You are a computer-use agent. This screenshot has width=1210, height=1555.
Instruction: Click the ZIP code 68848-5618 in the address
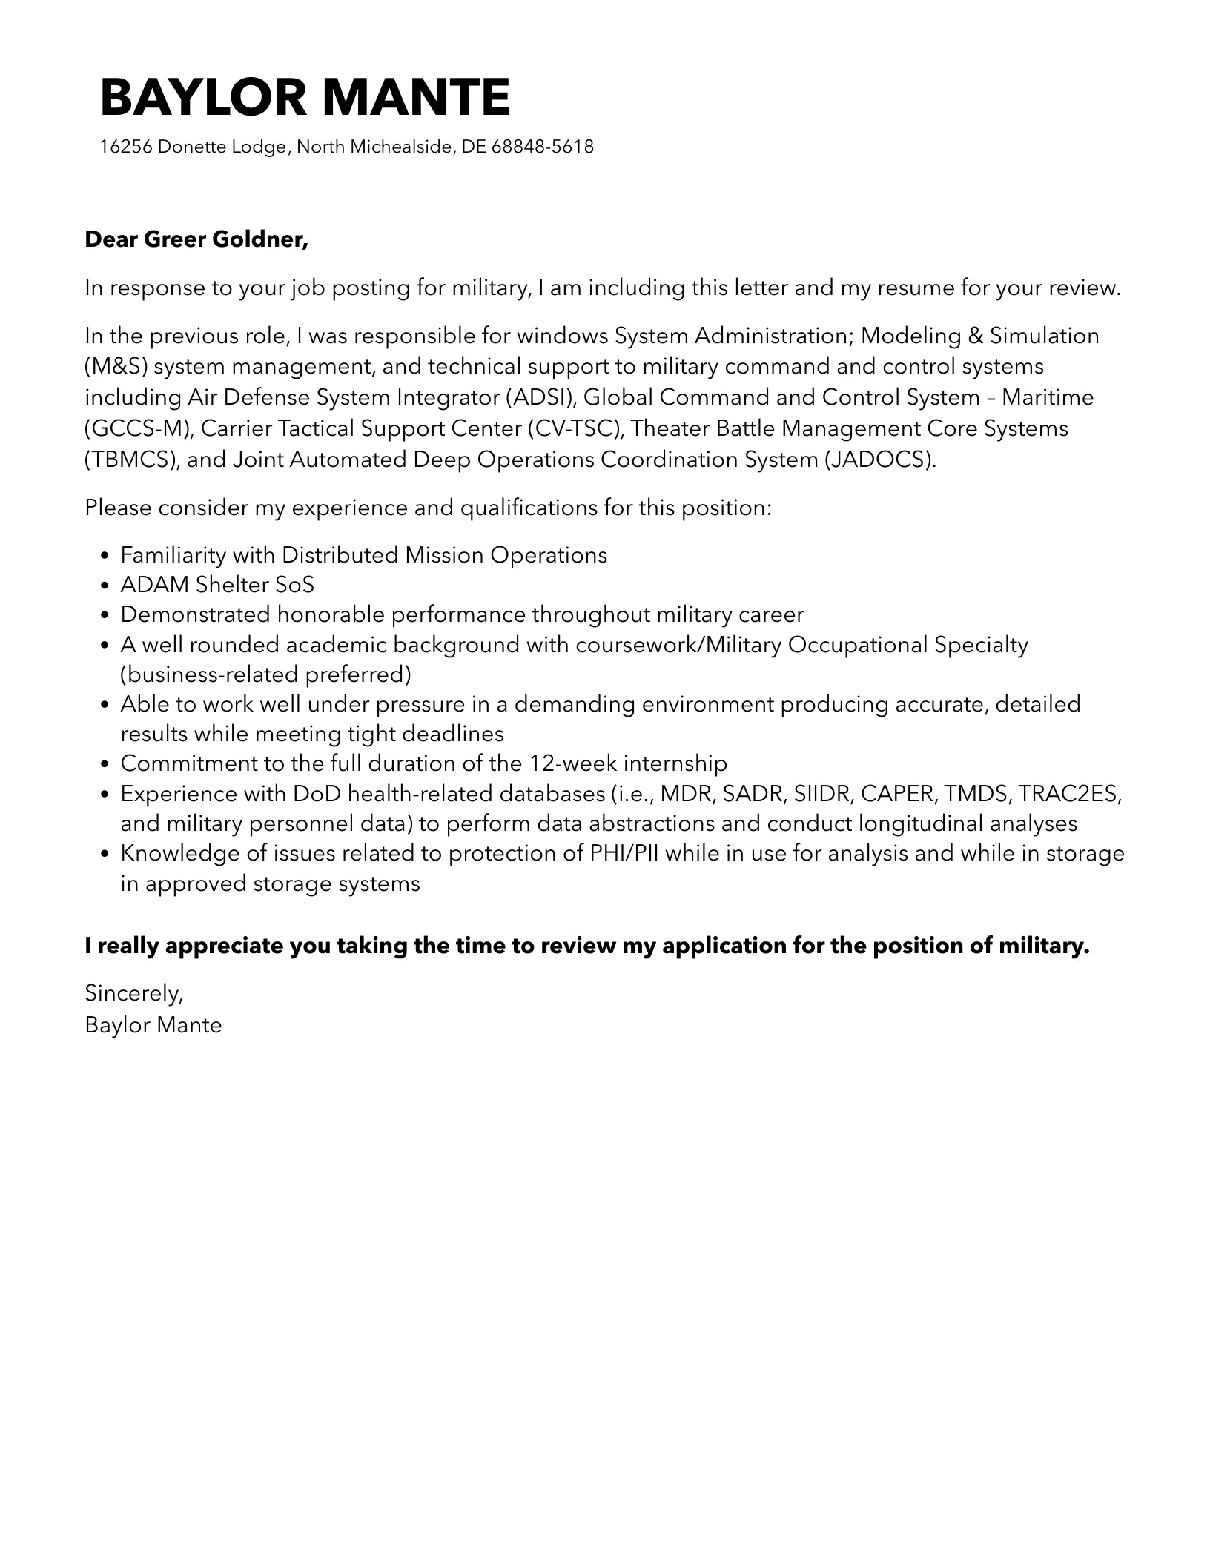point(543,147)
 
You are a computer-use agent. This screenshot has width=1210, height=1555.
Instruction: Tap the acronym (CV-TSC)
point(576,428)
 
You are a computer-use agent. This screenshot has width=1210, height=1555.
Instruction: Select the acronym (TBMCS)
point(131,460)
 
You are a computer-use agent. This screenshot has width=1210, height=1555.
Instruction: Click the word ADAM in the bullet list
point(155,585)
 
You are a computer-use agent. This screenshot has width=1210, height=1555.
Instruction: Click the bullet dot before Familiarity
point(105,556)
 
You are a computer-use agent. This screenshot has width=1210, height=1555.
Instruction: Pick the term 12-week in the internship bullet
point(573,763)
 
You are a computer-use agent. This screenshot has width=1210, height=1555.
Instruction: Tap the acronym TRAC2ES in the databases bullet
point(1067,794)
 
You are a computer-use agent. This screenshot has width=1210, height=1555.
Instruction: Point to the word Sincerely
point(133,992)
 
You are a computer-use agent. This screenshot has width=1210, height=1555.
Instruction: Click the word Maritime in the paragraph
point(1048,397)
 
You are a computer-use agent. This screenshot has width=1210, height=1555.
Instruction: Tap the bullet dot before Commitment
point(105,764)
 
